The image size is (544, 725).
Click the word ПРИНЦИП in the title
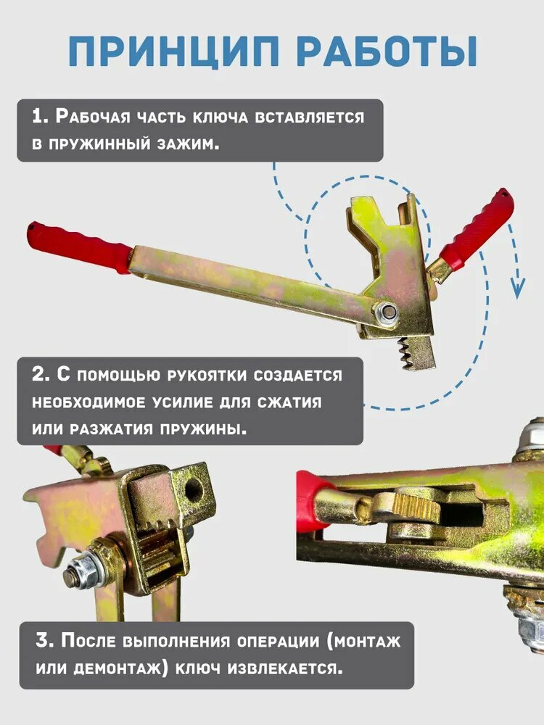174,51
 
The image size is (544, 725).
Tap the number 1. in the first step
40,116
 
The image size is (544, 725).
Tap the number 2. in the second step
41,374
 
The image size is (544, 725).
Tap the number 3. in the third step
45,642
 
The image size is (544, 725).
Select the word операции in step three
278,642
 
